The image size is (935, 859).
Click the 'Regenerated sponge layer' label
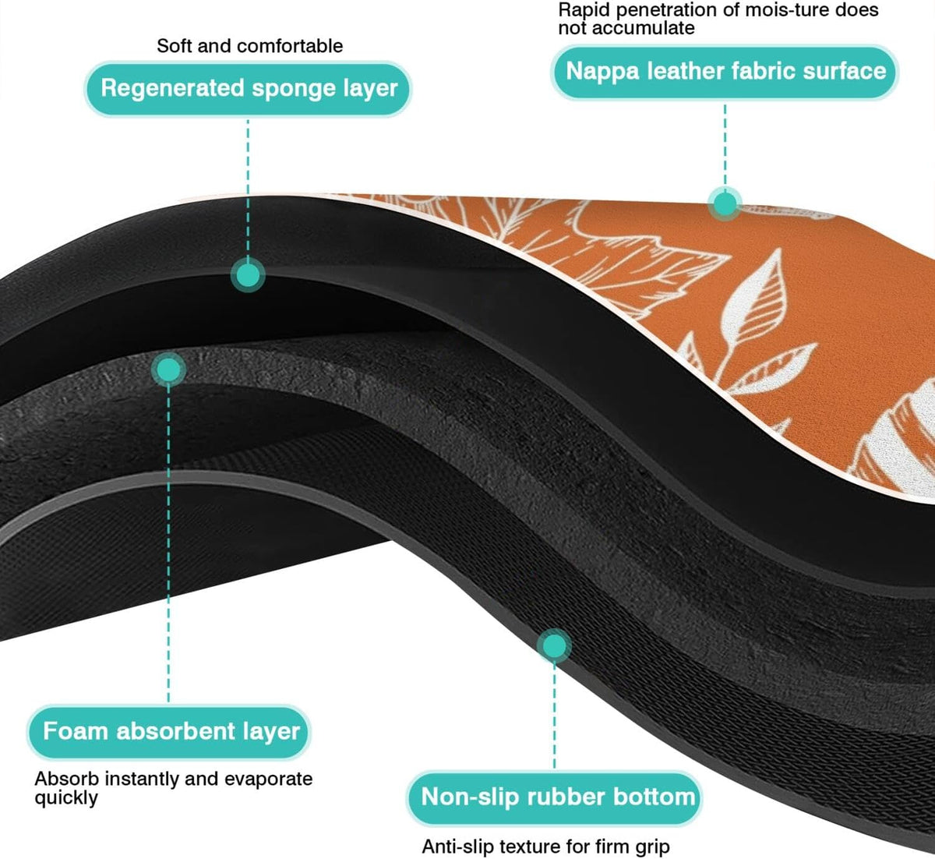click(248, 89)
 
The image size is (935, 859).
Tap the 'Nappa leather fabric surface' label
click(725, 72)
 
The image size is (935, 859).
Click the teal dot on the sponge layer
click(248, 275)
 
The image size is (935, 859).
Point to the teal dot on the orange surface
click(725, 203)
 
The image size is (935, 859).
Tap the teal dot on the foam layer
click(169, 369)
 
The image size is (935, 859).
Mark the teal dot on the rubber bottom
click(554, 646)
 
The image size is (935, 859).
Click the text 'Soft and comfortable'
click(250, 46)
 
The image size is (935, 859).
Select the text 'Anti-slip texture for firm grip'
click(545, 847)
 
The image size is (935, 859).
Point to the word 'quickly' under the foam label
click(66, 798)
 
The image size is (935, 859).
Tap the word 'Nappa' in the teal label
click(602, 72)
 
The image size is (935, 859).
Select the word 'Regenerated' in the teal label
click(172, 89)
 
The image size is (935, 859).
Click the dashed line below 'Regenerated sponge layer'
click(248, 189)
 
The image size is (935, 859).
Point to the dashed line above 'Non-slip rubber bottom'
click(554, 716)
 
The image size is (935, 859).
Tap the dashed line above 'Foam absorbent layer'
click(168, 545)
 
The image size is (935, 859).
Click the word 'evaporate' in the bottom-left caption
click(268, 779)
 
